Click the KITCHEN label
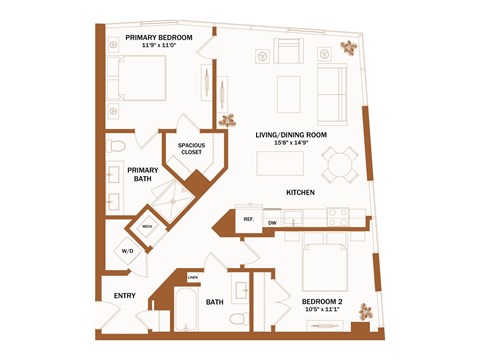(x=302, y=191)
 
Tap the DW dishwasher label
(x=271, y=222)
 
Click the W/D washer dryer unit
(x=128, y=250)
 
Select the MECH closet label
(x=147, y=226)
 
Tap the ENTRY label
(x=125, y=295)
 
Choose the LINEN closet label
(x=192, y=277)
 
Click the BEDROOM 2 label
(x=323, y=300)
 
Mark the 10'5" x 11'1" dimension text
(x=323, y=310)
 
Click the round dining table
(x=339, y=163)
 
